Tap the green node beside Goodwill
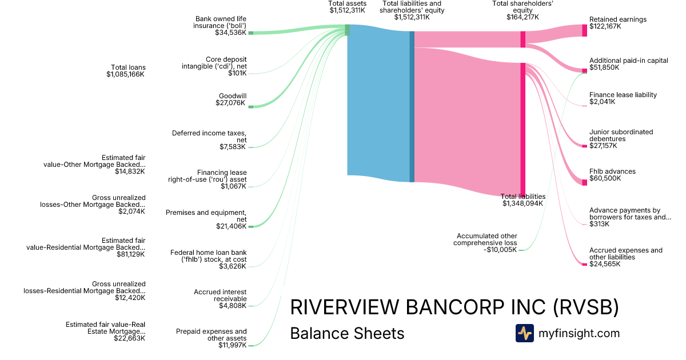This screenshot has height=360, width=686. click(250, 106)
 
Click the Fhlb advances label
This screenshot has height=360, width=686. click(612, 171)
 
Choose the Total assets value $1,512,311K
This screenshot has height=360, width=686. click(347, 10)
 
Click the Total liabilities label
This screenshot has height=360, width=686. click(523, 196)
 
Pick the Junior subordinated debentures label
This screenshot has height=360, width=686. click(621, 135)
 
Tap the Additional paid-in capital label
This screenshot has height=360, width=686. click(628, 61)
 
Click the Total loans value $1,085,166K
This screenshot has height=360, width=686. click(126, 74)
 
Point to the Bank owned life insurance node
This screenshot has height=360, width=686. click(250, 33)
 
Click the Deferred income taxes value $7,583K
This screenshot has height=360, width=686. click(233, 147)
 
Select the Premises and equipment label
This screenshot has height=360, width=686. click(206, 216)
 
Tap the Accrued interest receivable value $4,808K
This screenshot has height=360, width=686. click(233, 306)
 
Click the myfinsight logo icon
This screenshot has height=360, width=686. click(524, 333)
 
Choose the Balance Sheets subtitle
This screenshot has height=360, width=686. click(347, 333)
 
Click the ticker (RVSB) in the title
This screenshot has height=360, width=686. click(586, 307)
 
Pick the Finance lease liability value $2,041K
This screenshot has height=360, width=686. click(603, 102)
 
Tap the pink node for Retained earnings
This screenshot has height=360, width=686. click(584, 30)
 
